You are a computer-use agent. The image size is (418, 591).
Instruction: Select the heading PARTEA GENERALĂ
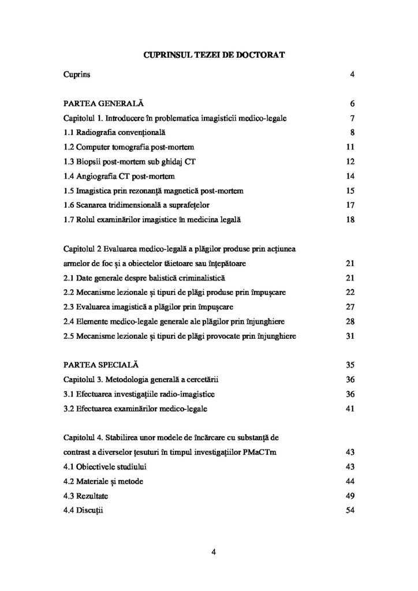pos(103,104)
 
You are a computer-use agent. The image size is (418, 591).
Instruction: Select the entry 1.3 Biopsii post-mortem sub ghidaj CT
pos(130,162)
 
